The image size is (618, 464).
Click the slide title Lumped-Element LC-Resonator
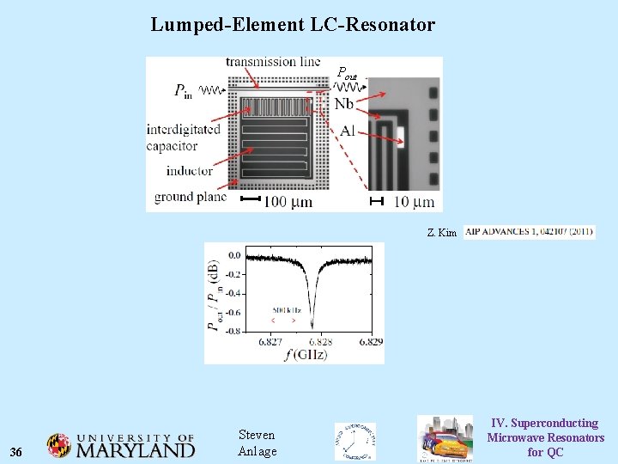click(x=293, y=25)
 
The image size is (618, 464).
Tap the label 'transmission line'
click(x=273, y=61)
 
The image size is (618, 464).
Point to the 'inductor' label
click(x=190, y=171)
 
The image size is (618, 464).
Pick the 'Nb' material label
click(x=344, y=104)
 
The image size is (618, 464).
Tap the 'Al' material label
click(x=347, y=131)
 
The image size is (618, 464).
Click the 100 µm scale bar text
click(x=288, y=203)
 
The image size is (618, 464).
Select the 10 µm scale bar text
click(x=415, y=203)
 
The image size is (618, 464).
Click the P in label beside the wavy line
click(x=184, y=90)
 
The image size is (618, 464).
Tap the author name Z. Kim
click(x=442, y=233)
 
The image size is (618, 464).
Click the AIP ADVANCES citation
click(x=529, y=232)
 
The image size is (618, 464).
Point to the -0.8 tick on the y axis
click(x=233, y=331)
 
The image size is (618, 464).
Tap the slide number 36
click(x=15, y=452)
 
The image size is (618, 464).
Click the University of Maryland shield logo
click(x=59, y=445)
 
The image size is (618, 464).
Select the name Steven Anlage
click(x=257, y=444)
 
